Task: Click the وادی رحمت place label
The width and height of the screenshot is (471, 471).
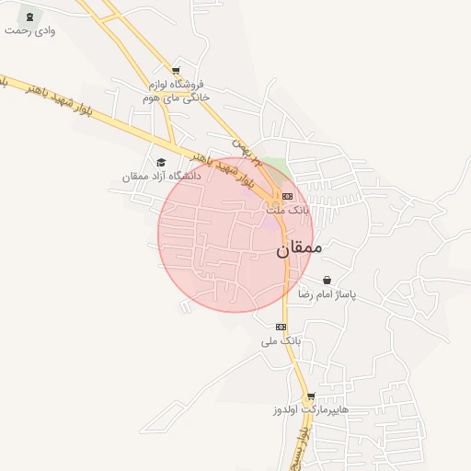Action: (29, 30)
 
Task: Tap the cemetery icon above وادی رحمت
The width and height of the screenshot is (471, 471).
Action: (33, 17)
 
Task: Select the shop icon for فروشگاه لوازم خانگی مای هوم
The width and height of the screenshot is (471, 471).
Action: (176, 70)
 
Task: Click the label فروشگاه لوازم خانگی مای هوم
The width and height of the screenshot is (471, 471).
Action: (178, 89)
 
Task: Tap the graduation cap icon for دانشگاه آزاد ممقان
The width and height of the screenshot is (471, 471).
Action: (161, 162)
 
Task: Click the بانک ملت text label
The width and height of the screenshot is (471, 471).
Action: (288, 210)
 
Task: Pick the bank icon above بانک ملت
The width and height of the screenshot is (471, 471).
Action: (288, 196)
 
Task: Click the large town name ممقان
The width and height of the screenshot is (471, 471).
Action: (300, 247)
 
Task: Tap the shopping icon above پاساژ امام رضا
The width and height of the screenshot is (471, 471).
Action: (327, 281)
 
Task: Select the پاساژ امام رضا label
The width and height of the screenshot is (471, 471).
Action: (327, 294)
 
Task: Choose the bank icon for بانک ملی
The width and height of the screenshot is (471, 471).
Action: (281, 327)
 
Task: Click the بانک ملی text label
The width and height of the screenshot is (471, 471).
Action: (281, 340)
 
